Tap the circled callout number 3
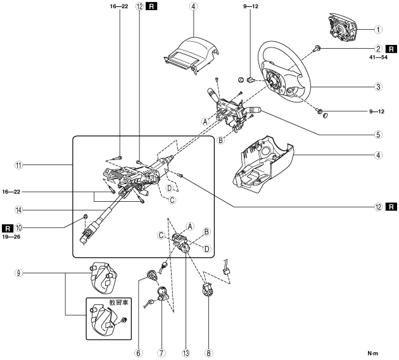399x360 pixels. click(x=377, y=87)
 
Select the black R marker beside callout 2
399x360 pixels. click(x=392, y=48)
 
